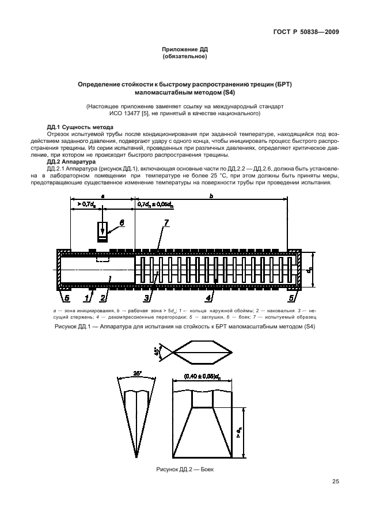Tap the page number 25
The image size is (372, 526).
coord(335,482)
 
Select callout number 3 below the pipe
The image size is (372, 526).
coord(147,297)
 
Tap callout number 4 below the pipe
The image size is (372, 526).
coord(208,297)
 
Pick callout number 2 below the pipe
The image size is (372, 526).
coord(103,297)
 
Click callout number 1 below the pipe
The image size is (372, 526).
coord(88,297)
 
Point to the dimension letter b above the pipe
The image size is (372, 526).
coord(211,196)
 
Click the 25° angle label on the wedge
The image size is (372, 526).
coord(136,373)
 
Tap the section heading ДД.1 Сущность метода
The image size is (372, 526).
coord(79,126)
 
